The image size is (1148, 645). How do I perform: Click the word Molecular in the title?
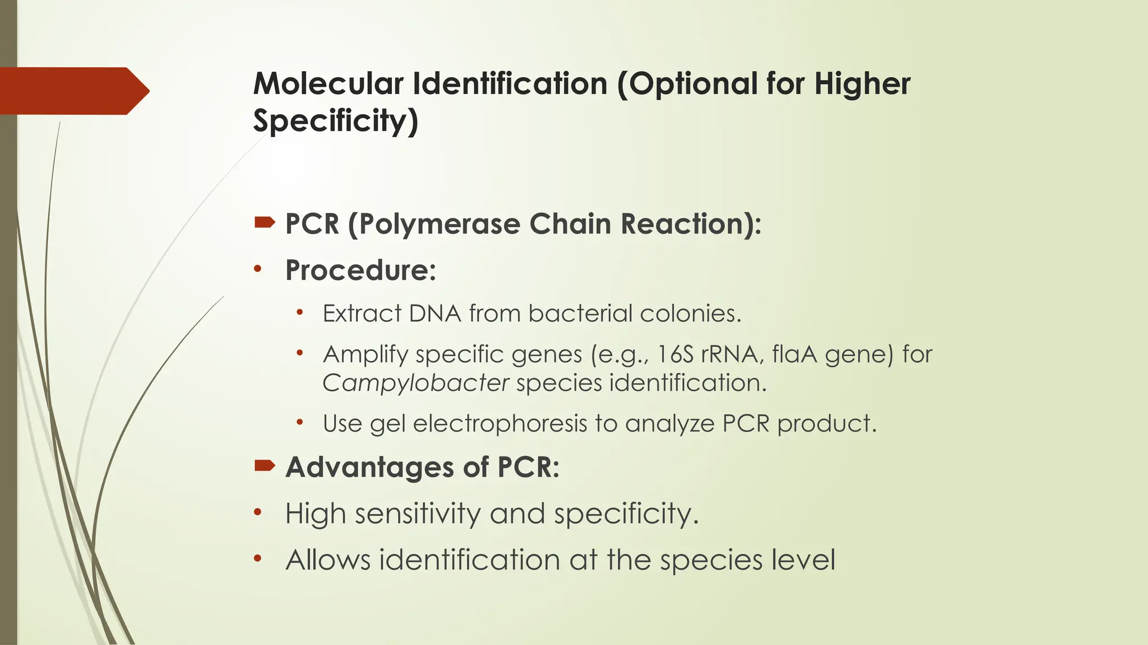click(x=328, y=84)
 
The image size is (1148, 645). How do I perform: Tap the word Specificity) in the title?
click(x=335, y=121)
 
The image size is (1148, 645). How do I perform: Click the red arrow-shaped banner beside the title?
click(x=73, y=91)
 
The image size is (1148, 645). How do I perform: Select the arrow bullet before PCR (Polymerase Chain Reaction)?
click(x=265, y=223)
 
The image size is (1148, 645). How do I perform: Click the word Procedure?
click(x=360, y=270)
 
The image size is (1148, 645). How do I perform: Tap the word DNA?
click(x=435, y=314)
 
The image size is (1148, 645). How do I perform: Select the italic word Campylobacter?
click(x=415, y=384)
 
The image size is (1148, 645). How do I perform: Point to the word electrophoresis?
click(x=500, y=423)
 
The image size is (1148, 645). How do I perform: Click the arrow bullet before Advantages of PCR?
click(x=265, y=465)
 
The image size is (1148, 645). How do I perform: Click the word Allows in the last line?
click(x=328, y=560)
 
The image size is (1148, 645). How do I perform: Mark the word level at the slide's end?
click(x=803, y=560)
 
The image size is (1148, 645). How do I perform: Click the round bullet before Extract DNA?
click(x=300, y=312)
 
